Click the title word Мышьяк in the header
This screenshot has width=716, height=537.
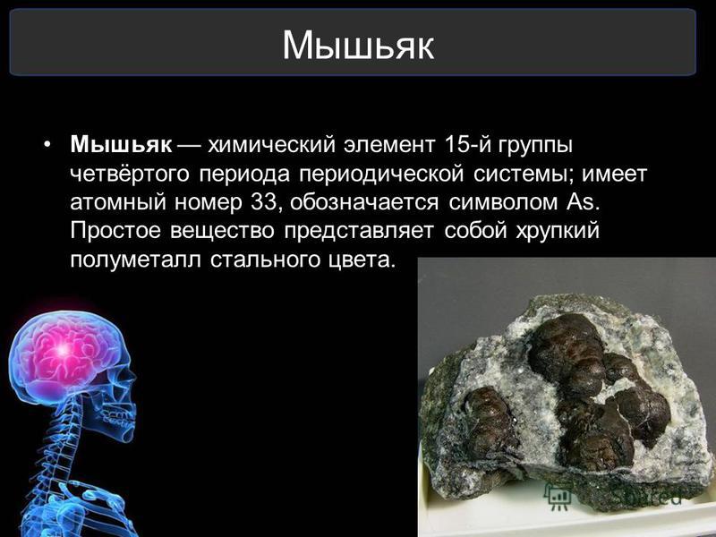(358, 46)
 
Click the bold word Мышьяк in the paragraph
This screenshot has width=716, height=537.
(121, 145)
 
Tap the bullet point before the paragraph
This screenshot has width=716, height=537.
(47, 145)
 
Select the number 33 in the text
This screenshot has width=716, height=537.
(264, 202)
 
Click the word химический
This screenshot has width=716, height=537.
(272, 145)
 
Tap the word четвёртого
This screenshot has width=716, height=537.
(129, 175)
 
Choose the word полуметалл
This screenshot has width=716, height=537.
(136, 260)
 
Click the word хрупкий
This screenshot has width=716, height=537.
(558, 231)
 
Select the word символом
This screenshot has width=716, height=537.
(503, 203)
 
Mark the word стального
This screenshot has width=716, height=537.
(264, 260)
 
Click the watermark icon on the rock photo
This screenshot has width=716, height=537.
(558, 496)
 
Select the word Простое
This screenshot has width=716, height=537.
(115, 231)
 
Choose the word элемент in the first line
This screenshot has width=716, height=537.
(389, 145)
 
